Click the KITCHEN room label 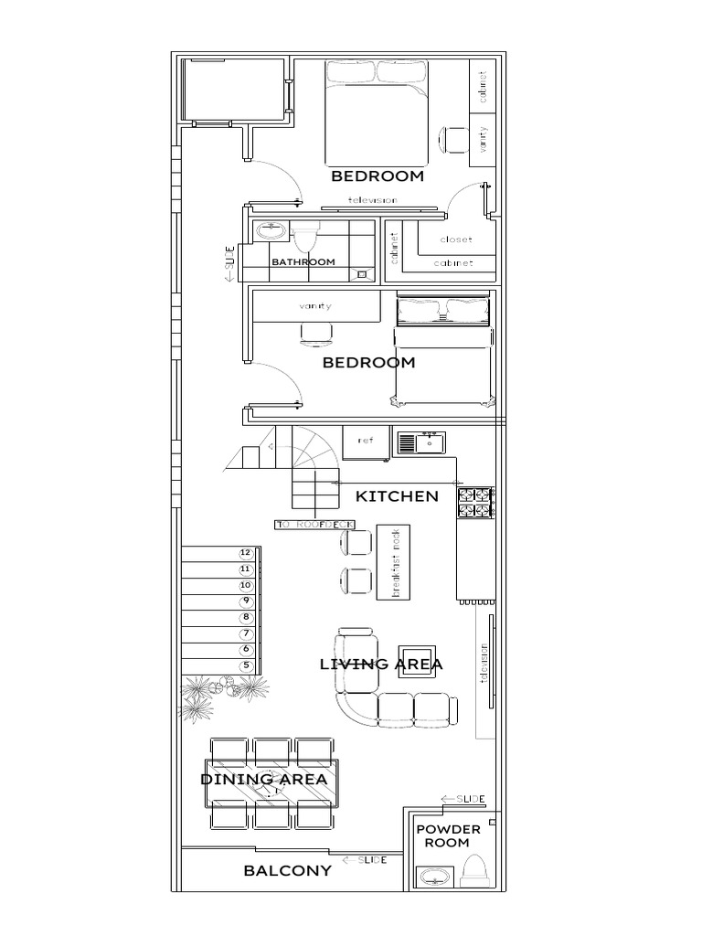tap(397, 496)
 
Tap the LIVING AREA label tap(381, 665)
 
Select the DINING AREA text tap(263, 779)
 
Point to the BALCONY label tap(287, 871)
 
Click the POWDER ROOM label tap(448, 835)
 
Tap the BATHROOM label tap(303, 261)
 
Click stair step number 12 tap(245, 552)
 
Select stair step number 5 tap(245, 665)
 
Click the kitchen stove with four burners tap(475, 502)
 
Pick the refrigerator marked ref tap(366, 441)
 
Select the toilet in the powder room tap(475, 872)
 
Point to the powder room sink tap(431, 877)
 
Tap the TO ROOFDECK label tap(320, 525)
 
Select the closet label tap(456, 239)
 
